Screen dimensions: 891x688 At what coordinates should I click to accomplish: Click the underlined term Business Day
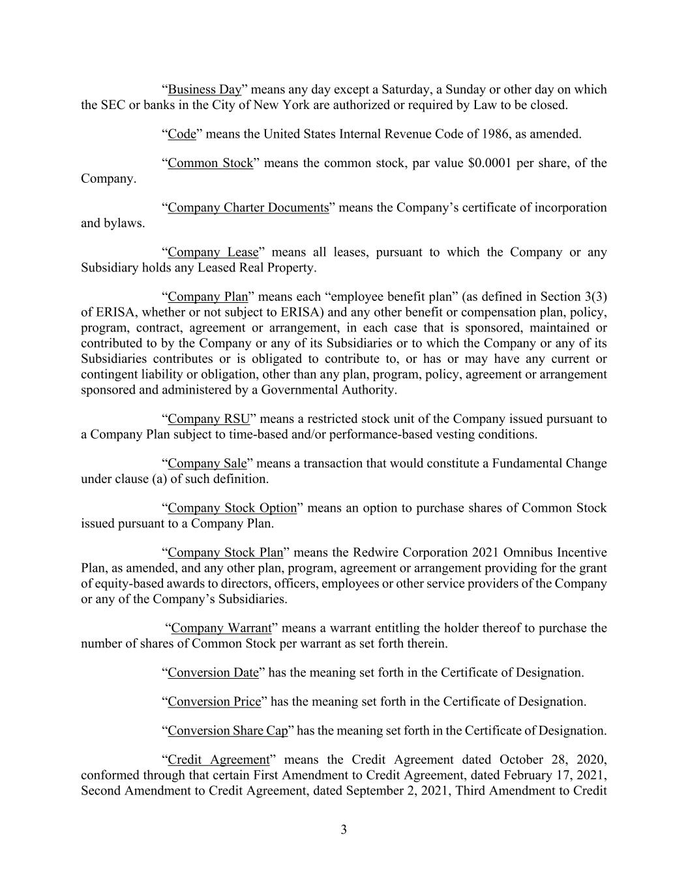pos(205,89)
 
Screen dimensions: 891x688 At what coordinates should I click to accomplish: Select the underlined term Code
pos(182,134)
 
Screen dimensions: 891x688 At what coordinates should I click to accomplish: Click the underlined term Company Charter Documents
pos(248,208)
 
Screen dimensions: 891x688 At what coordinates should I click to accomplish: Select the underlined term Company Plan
pos(208,297)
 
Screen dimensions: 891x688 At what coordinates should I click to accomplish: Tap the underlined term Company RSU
pos(209,419)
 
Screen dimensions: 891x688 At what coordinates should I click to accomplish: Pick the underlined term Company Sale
pos(207,463)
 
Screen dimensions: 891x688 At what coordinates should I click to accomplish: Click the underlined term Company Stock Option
pos(232,508)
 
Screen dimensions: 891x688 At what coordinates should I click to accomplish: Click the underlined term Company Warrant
pos(221,628)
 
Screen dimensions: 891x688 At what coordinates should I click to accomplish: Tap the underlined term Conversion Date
pos(213,672)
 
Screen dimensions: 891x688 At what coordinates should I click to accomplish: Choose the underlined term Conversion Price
pos(215,702)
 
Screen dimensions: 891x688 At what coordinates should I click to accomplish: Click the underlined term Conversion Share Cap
pos(228,731)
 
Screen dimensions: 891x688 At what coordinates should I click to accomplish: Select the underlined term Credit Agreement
pos(218,760)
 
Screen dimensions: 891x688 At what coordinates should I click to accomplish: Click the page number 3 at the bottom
pos(344,830)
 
